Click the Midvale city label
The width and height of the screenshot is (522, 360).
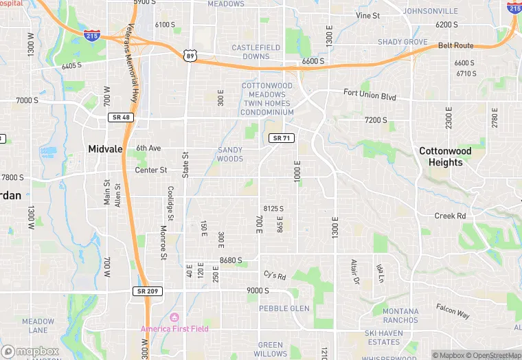coord(106,149)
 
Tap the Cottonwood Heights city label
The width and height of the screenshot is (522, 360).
coord(445,157)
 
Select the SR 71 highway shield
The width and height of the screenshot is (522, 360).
coord(282,138)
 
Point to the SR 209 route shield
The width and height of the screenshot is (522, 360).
coord(146,291)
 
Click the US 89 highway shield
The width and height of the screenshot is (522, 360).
coord(190,56)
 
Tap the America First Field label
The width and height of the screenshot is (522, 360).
coord(174,328)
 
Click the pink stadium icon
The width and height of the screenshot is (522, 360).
coord(174,317)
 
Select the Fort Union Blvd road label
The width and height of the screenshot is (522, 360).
coord(370,95)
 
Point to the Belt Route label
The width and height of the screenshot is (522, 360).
coord(456,45)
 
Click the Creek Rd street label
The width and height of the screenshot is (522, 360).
coord(450,216)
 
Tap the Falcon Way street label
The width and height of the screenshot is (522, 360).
coord(453,311)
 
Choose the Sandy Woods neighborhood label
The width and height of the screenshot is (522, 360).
coord(230,155)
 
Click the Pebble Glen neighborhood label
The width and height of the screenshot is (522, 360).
coord(284,308)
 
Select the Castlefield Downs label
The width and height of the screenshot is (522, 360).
coord(256,52)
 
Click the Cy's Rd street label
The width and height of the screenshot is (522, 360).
coord(274,275)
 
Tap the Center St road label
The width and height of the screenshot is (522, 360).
coord(150,170)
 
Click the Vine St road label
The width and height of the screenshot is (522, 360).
coord(367,15)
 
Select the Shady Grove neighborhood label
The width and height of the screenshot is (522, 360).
coord(402,42)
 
